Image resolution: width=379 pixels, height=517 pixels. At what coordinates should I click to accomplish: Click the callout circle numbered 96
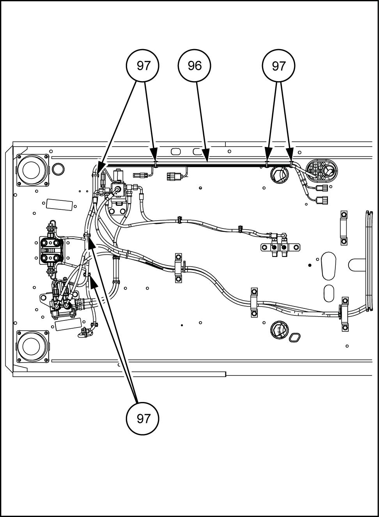point(194,66)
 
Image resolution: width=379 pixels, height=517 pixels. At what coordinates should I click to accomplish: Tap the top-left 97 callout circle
point(143,66)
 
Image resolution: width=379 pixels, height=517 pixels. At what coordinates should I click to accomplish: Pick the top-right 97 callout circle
point(278,66)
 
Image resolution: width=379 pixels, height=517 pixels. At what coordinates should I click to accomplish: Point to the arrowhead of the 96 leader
point(206,156)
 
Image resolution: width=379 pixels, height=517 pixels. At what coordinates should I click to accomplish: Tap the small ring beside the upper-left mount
point(58,169)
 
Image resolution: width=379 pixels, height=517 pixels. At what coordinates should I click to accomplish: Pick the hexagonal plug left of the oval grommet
point(279,175)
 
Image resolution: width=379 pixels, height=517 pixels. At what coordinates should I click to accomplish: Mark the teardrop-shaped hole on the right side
point(328,266)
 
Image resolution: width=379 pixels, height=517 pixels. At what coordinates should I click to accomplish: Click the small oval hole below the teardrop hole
point(329,293)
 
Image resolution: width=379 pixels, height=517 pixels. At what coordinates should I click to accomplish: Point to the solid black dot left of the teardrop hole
point(310,265)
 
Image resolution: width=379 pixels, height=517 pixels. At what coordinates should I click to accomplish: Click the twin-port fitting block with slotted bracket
point(280,247)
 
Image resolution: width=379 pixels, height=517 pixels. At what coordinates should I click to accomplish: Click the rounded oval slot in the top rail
point(176,152)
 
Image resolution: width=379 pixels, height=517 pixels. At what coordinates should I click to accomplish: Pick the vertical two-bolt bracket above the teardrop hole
point(344,227)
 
